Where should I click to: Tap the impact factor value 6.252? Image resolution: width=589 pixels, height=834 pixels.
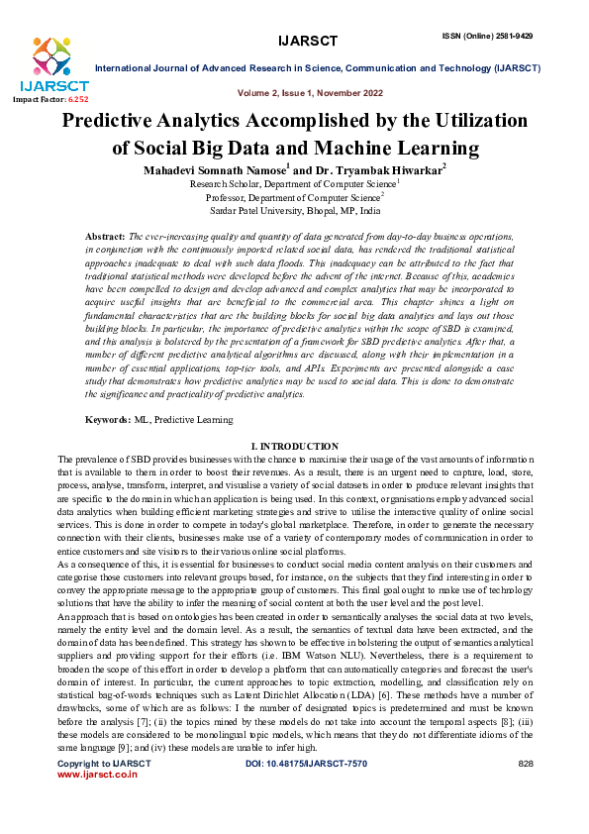coord(77,100)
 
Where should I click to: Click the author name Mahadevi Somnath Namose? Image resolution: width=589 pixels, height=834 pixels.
coord(213,169)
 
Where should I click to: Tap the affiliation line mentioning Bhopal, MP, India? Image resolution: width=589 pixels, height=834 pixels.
coord(294,211)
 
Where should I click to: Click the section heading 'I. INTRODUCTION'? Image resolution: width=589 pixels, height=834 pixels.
coord(294,447)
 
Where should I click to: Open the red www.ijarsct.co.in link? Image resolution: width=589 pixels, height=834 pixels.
coord(98,803)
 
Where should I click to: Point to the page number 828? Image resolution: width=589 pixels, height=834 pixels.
coord(526,793)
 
